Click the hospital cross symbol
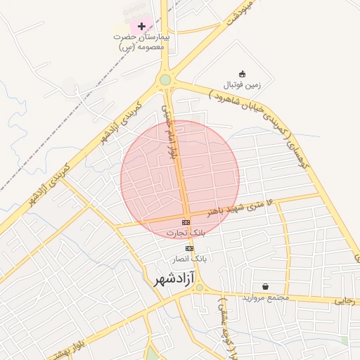142,26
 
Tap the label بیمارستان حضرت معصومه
142,41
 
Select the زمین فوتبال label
242,85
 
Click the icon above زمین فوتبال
242,74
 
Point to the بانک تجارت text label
186,232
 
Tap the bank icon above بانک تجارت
186,222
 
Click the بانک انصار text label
191,259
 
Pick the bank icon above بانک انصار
189,248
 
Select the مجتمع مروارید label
266,297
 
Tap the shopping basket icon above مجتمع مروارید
265,286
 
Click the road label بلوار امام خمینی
169,130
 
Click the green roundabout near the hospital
165,80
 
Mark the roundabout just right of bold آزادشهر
199,288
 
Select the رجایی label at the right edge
345,301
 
